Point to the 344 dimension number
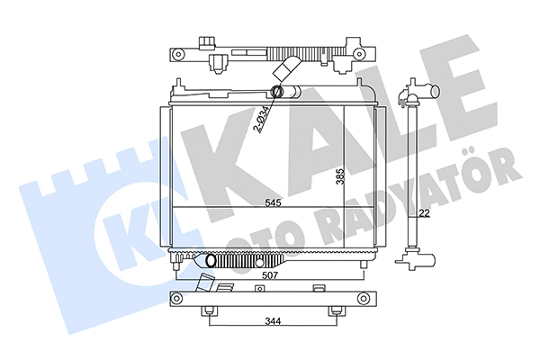(x=273, y=321)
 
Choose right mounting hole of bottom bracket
(x=364, y=300)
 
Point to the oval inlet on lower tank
(x=212, y=261)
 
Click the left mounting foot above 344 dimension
(x=210, y=311)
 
